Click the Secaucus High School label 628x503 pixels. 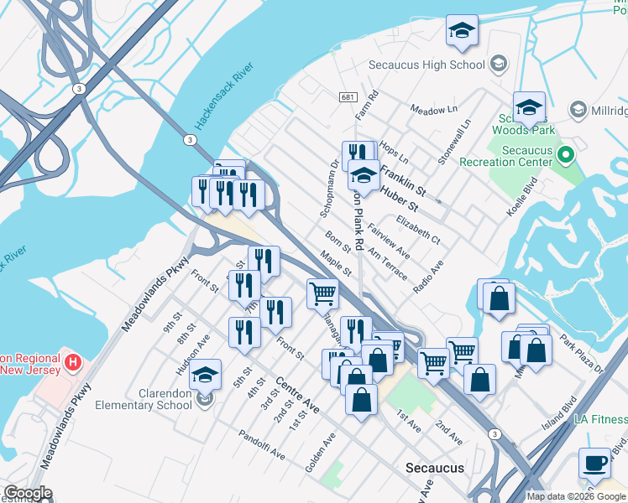point(427,65)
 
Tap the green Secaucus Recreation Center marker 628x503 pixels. point(566,155)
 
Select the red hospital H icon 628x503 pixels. point(74,363)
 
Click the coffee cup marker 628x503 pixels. point(595,464)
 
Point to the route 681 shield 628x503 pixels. point(348,98)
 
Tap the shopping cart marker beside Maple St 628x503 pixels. point(323,294)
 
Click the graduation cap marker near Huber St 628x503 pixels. point(364,177)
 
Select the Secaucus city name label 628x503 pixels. point(434,468)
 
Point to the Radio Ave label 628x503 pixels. point(428,277)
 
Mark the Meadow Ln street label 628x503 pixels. point(433,110)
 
